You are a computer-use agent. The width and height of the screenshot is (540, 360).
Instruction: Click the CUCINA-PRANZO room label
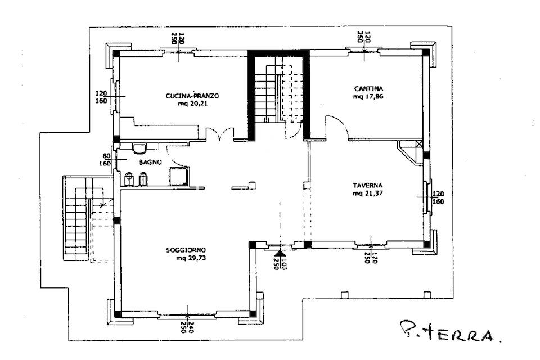pos(192,96)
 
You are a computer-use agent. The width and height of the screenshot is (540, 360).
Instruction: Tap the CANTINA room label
pos(368,89)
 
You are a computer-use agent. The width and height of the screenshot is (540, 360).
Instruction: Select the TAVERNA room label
pos(368,185)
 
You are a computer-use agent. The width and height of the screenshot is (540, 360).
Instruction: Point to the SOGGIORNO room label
pos(186,250)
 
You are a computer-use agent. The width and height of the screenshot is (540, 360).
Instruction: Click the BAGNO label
pos(150,162)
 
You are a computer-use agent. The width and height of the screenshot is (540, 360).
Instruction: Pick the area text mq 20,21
pos(193,103)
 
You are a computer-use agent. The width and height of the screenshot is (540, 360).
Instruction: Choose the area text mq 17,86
pos(368,96)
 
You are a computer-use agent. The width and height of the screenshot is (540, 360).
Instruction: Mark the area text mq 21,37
pos(368,193)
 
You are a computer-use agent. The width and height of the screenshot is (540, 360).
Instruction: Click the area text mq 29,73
pos(191,258)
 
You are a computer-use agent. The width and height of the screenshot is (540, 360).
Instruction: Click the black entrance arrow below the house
pos(281,254)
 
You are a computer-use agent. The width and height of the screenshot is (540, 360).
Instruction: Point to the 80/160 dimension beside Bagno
pos(105,160)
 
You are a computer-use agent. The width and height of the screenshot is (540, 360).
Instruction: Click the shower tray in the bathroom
pos(179,176)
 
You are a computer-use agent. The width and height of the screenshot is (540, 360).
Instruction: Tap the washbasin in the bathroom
pos(140,148)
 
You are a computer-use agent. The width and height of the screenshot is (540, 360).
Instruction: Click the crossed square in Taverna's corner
pos(419,143)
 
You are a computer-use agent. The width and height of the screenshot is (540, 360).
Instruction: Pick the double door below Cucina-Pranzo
pos(220,134)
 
